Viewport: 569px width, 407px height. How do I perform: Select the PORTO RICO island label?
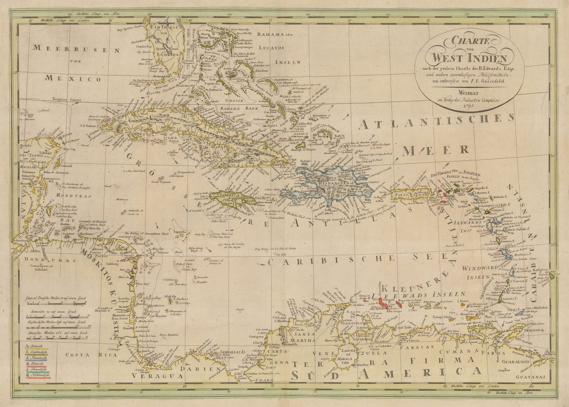tap(408, 195)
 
